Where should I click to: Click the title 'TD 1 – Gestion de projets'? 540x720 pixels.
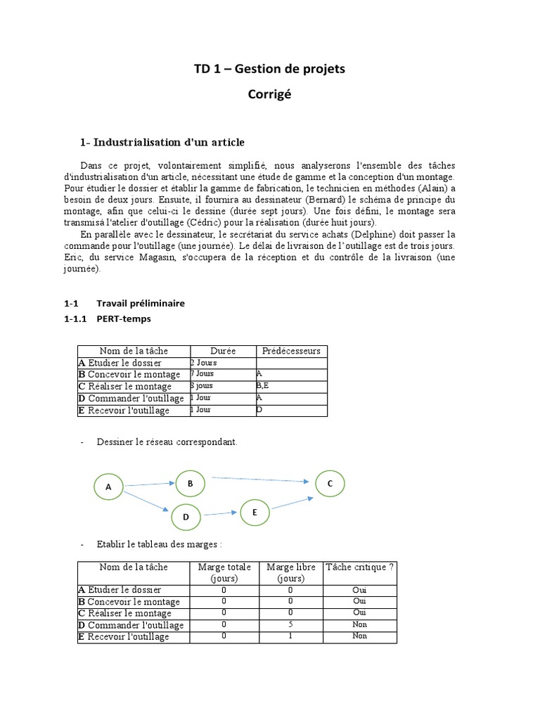(x=269, y=69)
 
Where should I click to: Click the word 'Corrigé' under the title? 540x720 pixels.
(x=269, y=94)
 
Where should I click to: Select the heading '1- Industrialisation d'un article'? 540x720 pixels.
(x=162, y=143)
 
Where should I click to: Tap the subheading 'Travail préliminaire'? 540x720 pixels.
(x=141, y=303)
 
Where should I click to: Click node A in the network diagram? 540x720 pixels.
(x=108, y=487)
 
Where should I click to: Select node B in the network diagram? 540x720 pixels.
(x=190, y=483)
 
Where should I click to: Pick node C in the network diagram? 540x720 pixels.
(x=330, y=484)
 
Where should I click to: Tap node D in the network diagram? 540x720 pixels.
(x=186, y=517)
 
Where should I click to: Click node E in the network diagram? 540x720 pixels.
(x=255, y=513)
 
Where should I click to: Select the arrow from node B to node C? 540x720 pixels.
(x=260, y=480)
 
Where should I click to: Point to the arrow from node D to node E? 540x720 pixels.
(x=220, y=515)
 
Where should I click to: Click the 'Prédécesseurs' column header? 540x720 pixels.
(x=291, y=351)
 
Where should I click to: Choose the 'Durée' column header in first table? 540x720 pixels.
(x=223, y=351)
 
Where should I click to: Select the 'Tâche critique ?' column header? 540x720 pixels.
(x=359, y=567)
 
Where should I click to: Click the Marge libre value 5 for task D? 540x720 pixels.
(x=290, y=624)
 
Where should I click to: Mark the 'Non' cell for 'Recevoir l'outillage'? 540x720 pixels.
(x=359, y=636)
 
